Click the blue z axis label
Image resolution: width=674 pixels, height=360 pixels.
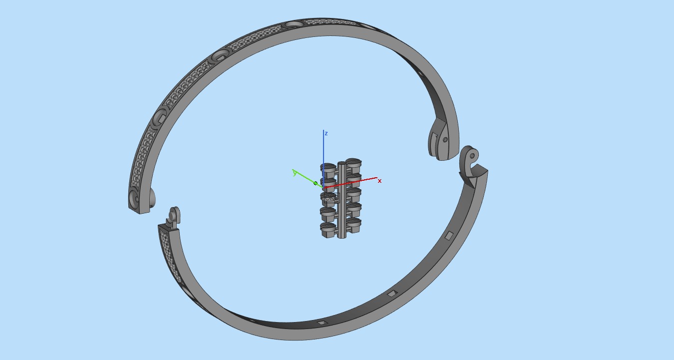tap(326, 133)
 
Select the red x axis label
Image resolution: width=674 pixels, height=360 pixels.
tap(379, 181)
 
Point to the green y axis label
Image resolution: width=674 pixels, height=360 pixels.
tap(295, 173)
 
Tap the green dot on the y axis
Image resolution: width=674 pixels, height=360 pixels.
tap(315, 183)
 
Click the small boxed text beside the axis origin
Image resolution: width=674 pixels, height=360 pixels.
tap(331, 198)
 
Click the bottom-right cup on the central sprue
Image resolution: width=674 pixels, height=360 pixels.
tap(353, 225)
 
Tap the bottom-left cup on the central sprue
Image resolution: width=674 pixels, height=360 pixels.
tap(328, 230)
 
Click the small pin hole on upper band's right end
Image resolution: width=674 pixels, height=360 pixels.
tap(445, 140)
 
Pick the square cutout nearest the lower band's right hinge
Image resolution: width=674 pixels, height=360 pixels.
tap(449, 235)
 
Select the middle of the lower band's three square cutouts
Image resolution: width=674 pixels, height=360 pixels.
tap(392, 293)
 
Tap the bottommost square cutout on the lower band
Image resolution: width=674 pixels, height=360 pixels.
tap(322, 323)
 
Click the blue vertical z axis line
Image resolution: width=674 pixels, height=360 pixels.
tap(324, 155)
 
